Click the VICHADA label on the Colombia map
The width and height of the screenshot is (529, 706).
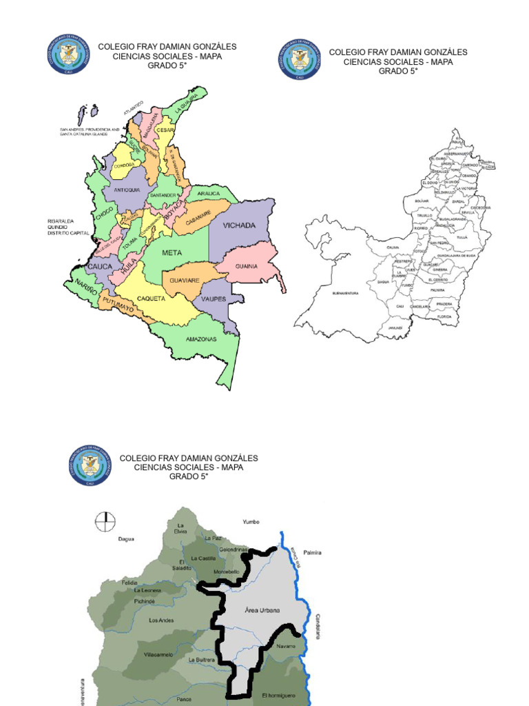coord(239,225)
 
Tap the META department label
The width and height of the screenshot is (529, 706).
coord(172,253)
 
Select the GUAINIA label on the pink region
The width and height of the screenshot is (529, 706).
coord(246,266)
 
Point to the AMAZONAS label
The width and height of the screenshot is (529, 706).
coord(201,339)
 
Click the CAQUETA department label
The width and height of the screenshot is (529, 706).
coord(151,299)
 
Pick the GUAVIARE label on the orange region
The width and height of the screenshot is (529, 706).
coord(185,281)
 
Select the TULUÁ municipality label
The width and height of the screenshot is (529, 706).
coord(462,236)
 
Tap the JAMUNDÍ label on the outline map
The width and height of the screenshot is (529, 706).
coord(395,328)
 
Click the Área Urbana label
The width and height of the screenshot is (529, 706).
coord(258,609)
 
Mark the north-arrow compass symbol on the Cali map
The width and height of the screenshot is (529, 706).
coord(106,521)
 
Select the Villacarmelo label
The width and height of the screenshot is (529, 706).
coord(158,654)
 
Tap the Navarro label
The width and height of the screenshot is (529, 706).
coord(286,646)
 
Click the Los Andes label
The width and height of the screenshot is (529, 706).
coord(162,620)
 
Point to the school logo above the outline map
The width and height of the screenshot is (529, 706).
coord(299,59)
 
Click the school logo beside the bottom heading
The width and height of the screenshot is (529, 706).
coord(90,465)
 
